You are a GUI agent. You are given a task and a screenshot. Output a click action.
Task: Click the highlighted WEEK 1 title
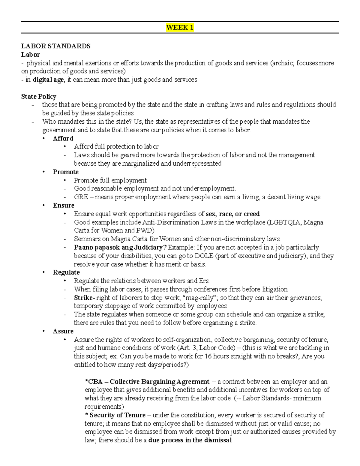coord(180,28)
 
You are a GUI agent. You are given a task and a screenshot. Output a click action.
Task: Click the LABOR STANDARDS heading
coord(55,46)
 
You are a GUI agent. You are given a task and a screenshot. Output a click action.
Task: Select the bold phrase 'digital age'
coord(48,80)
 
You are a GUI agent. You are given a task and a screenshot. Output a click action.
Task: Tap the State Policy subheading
coord(38,96)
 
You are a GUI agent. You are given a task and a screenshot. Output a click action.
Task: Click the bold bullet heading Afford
coord(63,138)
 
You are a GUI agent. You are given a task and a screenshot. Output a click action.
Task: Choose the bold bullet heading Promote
coord(65,172)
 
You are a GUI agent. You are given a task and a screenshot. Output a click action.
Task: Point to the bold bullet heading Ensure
coord(63,206)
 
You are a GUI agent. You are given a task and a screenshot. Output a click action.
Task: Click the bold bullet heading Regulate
coord(66,272)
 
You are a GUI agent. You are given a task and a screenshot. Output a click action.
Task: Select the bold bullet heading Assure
coord(63,331)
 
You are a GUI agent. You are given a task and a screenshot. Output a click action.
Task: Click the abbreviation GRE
coord(81,197)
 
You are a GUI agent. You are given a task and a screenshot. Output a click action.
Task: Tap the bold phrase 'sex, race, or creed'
coord(232,214)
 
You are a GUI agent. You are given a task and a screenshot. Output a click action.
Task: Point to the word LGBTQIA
coord(284,222)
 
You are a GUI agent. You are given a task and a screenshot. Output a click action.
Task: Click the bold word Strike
coord(83,298)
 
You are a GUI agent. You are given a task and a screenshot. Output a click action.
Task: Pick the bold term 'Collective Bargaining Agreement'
coord(159,382)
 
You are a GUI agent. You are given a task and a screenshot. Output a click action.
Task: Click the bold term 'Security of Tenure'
coord(117,415)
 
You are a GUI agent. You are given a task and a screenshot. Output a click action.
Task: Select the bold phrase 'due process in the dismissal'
coord(190,440)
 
